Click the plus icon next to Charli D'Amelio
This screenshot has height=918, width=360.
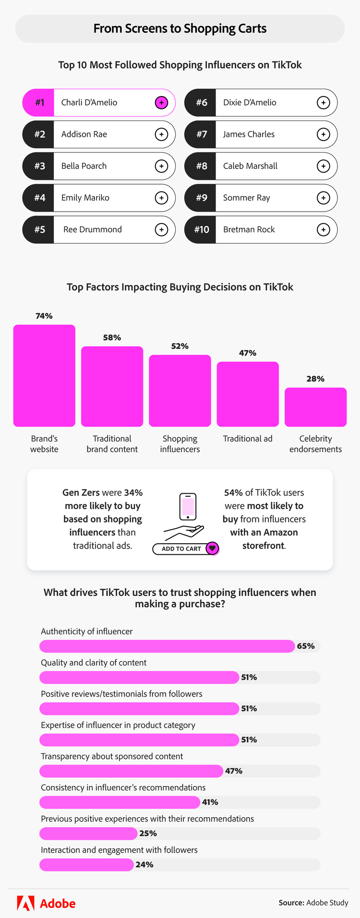click(x=161, y=103)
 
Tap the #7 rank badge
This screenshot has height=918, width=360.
click(x=201, y=134)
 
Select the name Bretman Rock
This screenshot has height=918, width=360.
click(x=249, y=229)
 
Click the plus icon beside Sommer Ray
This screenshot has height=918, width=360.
click(x=324, y=198)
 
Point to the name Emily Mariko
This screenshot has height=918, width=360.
click(x=85, y=198)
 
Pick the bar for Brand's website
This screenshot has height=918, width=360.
click(x=44, y=376)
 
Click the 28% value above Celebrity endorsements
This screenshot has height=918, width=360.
click(x=315, y=379)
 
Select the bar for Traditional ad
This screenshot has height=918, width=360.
click(x=248, y=394)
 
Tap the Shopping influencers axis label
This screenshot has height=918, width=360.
click(x=180, y=444)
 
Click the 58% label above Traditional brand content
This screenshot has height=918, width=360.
click(x=112, y=337)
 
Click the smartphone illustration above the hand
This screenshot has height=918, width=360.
click(x=188, y=506)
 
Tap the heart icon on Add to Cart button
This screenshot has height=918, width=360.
click(x=212, y=548)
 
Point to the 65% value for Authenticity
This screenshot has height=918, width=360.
click(x=306, y=646)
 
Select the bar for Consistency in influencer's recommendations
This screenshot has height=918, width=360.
click(x=120, y=802)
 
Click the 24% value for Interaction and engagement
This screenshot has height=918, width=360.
click(x=144, y=864)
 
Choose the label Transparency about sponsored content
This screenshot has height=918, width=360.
click(x=112, y=756)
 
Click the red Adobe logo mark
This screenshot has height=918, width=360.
click(x=25, y=903)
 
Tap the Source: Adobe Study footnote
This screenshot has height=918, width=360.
click(x=313, y=903)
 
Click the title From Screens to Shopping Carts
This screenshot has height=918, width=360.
click(x=180, y=28)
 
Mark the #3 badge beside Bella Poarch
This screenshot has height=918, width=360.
click(x=39, y=166)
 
